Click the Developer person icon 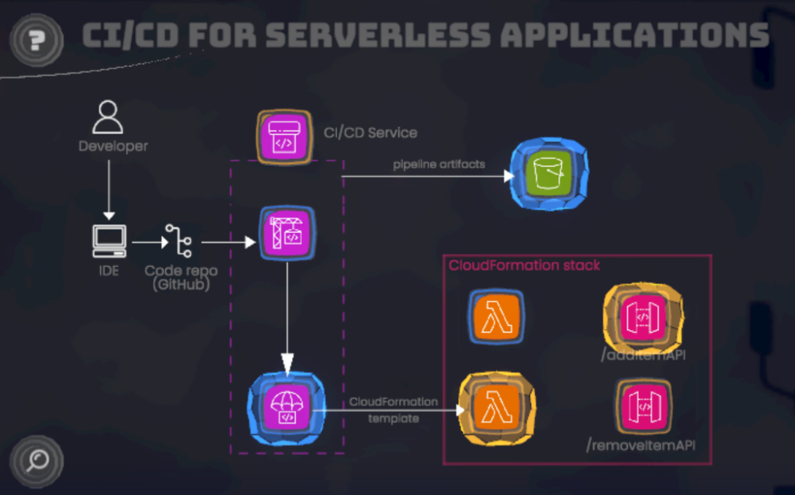tap(108, 117)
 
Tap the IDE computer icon tap(109, 241)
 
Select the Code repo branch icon tap(180, 241)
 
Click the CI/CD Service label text tap(370, 133)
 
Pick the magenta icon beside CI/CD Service tap(285, 137)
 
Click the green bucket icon tap(549, 175)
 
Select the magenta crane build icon tap(286, 233)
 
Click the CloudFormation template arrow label tap(393, 410)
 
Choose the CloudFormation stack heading tap(524, 265)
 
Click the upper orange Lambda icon tap(497, 317)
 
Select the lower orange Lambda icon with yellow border tap(497, 408)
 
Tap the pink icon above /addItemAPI tap(643, 317)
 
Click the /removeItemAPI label tap(641, 445)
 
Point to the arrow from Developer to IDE tap(109, 186)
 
